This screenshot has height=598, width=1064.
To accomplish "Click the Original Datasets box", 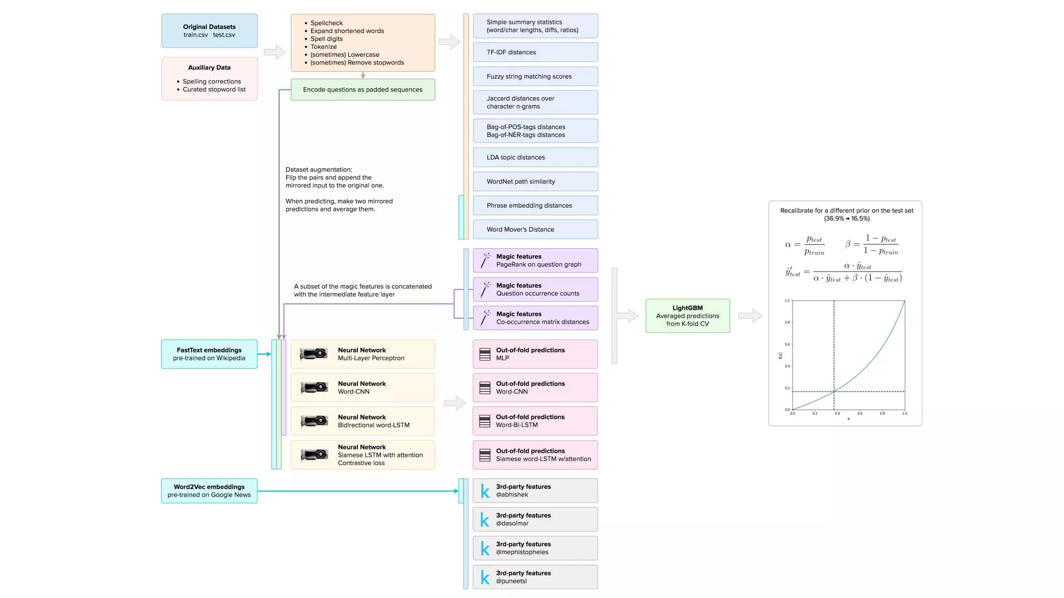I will point(209,31).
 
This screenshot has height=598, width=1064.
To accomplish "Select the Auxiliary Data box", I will point(209,78).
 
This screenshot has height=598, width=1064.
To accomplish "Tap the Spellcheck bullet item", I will point(326,23).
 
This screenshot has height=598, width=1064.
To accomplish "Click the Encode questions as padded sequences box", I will point(363,90).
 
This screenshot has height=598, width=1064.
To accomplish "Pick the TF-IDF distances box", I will point(535,52).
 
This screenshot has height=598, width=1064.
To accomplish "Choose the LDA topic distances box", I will point(535,157).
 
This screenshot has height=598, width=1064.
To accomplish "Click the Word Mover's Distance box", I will point(535,229).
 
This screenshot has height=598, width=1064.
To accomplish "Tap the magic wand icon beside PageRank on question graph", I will point(485,261).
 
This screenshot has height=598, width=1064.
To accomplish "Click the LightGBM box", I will point(687,316).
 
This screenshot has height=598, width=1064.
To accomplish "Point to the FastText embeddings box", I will point(209,354).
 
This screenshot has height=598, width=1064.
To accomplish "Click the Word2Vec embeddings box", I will point(209,491).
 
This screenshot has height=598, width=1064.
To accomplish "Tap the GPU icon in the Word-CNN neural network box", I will point(314,387).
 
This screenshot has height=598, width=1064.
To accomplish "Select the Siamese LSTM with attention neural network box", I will point(363,455).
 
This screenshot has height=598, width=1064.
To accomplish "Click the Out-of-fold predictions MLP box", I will point(535,354).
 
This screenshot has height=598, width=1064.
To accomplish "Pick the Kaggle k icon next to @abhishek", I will point(485,491).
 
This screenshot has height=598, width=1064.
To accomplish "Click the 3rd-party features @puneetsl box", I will point(535,577).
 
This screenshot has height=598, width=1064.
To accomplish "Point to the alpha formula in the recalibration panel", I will point(804,245).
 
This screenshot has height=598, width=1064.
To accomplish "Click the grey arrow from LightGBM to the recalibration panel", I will point(750,316).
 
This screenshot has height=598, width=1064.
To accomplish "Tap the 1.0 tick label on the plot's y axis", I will point(787,301).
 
